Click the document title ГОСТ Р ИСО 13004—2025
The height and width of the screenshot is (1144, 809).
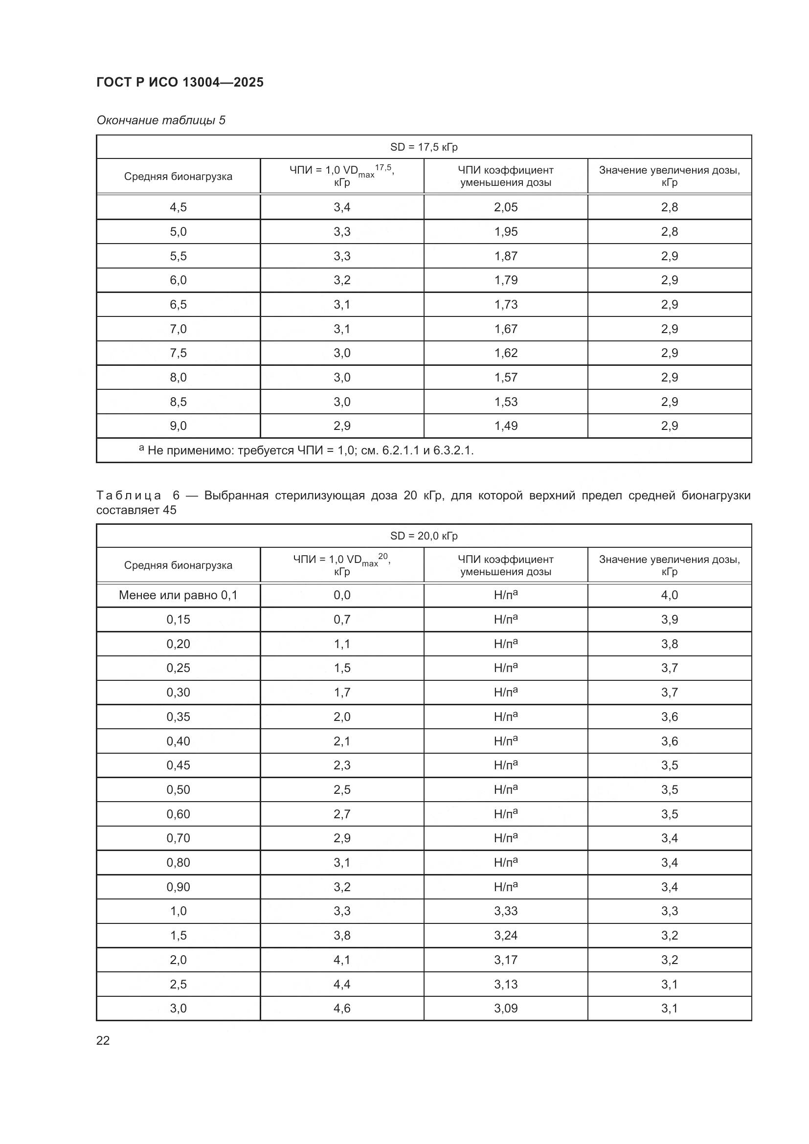[180, 82]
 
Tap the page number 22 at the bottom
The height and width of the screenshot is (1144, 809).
[103, 1040]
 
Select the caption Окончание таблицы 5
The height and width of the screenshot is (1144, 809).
[161, 120]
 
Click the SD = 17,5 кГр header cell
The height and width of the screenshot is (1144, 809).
[424, 147]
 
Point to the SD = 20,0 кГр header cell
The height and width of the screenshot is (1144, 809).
[424, 536]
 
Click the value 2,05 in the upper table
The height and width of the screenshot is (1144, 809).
[506, 207]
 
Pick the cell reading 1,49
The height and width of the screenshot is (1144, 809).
[506, 426]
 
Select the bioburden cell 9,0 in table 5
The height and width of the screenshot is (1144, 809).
[179, 426]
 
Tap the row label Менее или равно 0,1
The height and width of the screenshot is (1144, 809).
[179, 595]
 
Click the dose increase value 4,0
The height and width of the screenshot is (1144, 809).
[670, 595]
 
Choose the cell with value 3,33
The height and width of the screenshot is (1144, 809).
[506, 911]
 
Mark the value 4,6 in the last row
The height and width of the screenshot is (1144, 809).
[342, 1009]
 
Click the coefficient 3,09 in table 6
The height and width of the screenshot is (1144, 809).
[506, 1009]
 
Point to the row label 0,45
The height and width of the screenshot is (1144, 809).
[179, 765]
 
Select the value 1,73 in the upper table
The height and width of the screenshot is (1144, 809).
[506, 304]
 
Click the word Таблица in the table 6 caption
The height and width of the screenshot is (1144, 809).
[129, 496]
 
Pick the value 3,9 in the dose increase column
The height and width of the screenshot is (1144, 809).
[670, 619]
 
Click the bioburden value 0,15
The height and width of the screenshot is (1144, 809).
[179, 619]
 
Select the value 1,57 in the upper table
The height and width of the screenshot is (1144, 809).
[506, 377]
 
